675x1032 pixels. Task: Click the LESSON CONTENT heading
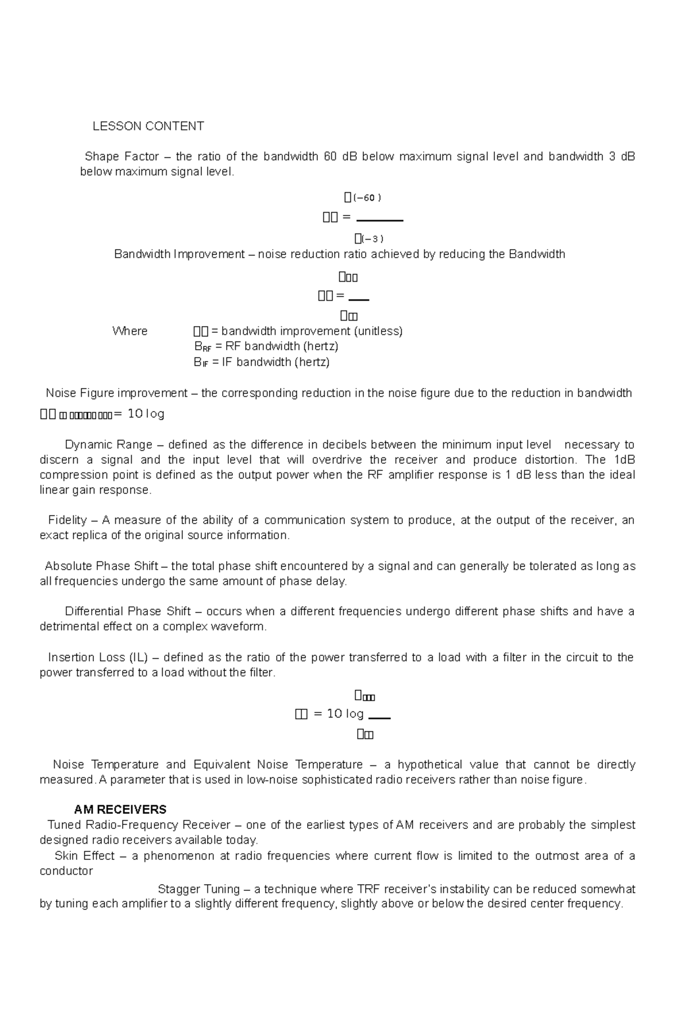click(x=148, y=126)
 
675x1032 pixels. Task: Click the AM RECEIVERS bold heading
click(x=120, y=810)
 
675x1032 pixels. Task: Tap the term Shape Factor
click(x=121, y=156)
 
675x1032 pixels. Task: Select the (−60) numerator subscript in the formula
click(x=367, y=198)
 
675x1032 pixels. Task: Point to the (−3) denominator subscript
click(x=371, y=238)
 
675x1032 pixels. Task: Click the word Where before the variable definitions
click(x=130, y=331)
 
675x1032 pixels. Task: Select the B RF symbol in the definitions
click(x=202, y=347)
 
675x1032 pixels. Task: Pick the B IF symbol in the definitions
click(x=201, y=363)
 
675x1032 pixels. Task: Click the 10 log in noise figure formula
click(x=146, y=414)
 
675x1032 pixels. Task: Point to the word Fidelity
click(x=67, y=520)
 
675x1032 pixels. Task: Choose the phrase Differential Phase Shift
click(x=128, y=611)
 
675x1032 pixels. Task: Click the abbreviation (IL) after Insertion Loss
click(x=138, y=657)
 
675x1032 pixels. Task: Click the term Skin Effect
click(x=84, y=856)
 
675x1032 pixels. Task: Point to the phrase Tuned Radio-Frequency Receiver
click(x=139, y=825)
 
